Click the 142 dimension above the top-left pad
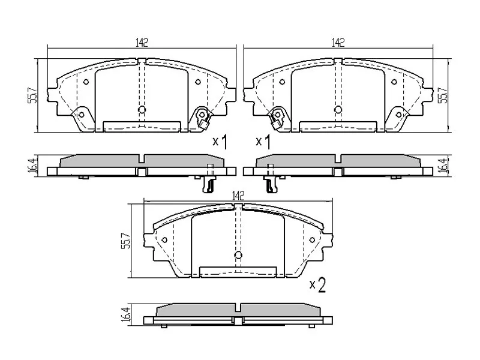pos(142,42)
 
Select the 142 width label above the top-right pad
pos(338,42)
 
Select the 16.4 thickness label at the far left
pos(32,166)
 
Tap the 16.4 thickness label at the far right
pos(445,166)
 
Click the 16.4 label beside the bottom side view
pos(126,315)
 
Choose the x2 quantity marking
pos(317,285)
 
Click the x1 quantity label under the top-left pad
pos(220,142)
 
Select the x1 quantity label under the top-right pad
pos(263,142)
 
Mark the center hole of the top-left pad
pos(142,110)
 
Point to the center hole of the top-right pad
pos(338,110)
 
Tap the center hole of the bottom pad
pos(238,256)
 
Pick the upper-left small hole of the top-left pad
pos(86,82)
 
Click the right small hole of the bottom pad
pos(312,240)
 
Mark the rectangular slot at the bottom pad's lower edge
pos(238,272)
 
